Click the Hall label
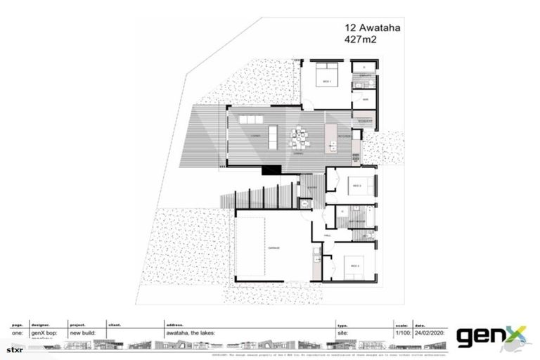tap(327, 236)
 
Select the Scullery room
tap(364, 122)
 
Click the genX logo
tap(491, 337)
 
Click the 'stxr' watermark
tap(15, 349)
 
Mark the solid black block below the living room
tap(271, 169)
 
